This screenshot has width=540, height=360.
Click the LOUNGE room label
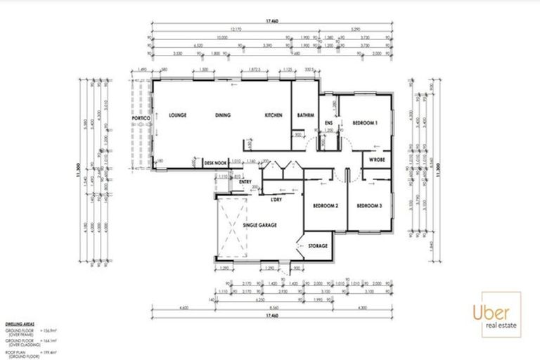[x=176, y=115]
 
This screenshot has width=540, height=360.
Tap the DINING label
[x=224, y=115]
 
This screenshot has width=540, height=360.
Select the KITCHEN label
[x=274, y=115]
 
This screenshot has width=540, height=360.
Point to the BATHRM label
[x=305, y=115]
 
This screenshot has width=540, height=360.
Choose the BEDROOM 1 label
[x=366, y=123]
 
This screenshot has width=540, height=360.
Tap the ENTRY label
[x=245, y=182]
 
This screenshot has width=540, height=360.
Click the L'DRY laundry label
[x=276, y=200]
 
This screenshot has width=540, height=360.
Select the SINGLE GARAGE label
[x=260, y=224]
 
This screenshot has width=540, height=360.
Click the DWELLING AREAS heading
[x=19, y=323]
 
